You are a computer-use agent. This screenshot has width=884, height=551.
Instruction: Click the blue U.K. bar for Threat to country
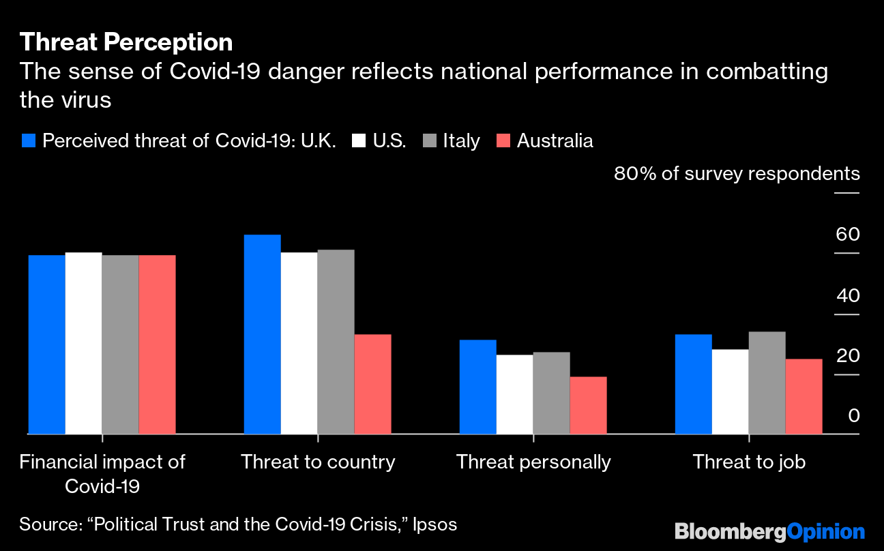(x=263, y=334)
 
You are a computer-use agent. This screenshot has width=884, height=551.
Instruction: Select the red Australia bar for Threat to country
(x=373, y=384)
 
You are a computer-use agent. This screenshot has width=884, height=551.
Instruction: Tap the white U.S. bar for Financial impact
(x=83, y=343)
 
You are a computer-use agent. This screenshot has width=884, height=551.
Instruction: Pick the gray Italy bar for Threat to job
(x=767, y=383)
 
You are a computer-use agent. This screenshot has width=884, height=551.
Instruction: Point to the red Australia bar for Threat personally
(x=588, y=405)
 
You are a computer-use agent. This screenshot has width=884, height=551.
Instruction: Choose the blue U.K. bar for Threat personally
(x=478, y=387)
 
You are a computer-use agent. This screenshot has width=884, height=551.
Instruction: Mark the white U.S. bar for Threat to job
(x=730, y=391)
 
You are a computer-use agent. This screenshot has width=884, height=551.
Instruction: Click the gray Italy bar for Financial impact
(x=120, y=344)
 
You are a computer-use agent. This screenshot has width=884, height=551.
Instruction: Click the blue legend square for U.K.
(x=28, y=141)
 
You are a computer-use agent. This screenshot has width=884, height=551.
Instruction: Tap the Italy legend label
(x=461, y=141)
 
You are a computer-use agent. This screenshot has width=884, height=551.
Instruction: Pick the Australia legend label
(x=555, y=141)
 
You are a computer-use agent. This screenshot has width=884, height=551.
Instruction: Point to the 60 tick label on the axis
(x=847, y=235)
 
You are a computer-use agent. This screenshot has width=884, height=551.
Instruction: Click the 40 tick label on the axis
(x=847, y=296)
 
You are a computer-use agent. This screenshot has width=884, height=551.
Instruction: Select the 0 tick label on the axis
(x=854, y=416)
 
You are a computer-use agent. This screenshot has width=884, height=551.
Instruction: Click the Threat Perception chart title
(x=126, y=42)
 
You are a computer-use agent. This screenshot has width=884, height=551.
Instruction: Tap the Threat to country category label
(x=318, y=462)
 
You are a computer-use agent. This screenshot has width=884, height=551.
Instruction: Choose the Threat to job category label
(x=749, y=462)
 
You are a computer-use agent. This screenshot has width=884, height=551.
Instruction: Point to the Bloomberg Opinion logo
(x=769, y=532)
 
